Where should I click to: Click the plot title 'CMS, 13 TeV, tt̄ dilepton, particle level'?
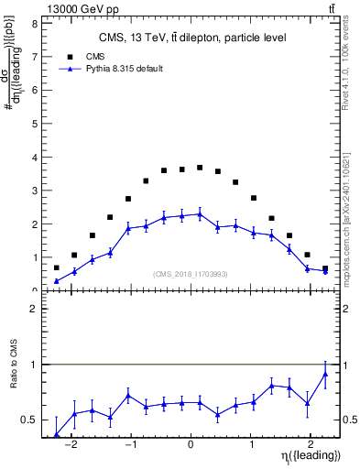tap(192, 38)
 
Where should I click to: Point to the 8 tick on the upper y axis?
tap(33, 24)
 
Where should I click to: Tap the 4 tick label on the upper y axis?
tap(33, 158)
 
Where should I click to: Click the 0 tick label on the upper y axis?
tap(33, 290)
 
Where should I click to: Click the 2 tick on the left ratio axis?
tap(33, 309)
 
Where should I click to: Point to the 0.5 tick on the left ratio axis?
tap(30, 420)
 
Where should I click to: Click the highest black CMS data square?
tap(200, 168)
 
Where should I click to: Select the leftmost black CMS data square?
tap(57, 267)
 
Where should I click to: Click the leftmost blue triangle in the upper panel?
tap(57, 281)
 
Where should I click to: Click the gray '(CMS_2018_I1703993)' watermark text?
tap(191, 274)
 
